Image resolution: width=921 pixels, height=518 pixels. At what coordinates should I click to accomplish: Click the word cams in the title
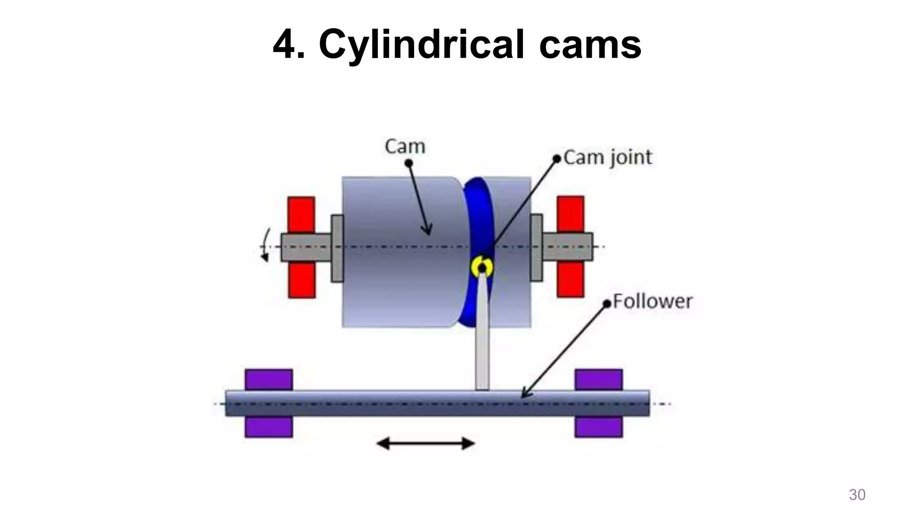tap(590, 45)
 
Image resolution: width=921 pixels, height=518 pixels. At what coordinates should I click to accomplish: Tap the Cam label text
tap(405, 147)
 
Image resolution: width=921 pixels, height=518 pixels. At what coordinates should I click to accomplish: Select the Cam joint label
tap(608, 157)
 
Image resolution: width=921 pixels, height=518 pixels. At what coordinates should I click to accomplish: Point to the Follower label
tap(653, 301)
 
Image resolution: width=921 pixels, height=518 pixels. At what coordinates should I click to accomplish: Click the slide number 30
tap(857, 495)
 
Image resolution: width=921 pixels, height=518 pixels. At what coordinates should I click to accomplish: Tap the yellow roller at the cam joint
tap(482, 267)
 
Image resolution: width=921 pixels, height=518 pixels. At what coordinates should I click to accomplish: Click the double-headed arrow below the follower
tap(425, 444)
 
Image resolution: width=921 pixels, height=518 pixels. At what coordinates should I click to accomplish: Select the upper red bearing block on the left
tap(301, 214)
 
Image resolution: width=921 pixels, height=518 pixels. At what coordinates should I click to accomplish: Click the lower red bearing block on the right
tap(570, 279)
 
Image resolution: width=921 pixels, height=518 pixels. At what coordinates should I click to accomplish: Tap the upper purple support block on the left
tap(269, 380)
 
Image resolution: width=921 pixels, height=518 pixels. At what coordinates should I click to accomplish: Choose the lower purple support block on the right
tap(599, 427)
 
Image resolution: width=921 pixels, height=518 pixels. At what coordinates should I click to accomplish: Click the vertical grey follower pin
tap(482, 342)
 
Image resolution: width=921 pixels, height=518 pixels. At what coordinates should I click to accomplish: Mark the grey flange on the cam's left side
tap(337, 248)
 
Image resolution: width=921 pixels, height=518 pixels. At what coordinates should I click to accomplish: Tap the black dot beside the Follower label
tap(607, 304)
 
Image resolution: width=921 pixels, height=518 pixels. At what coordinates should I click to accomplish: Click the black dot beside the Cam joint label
tap(557, 158)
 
